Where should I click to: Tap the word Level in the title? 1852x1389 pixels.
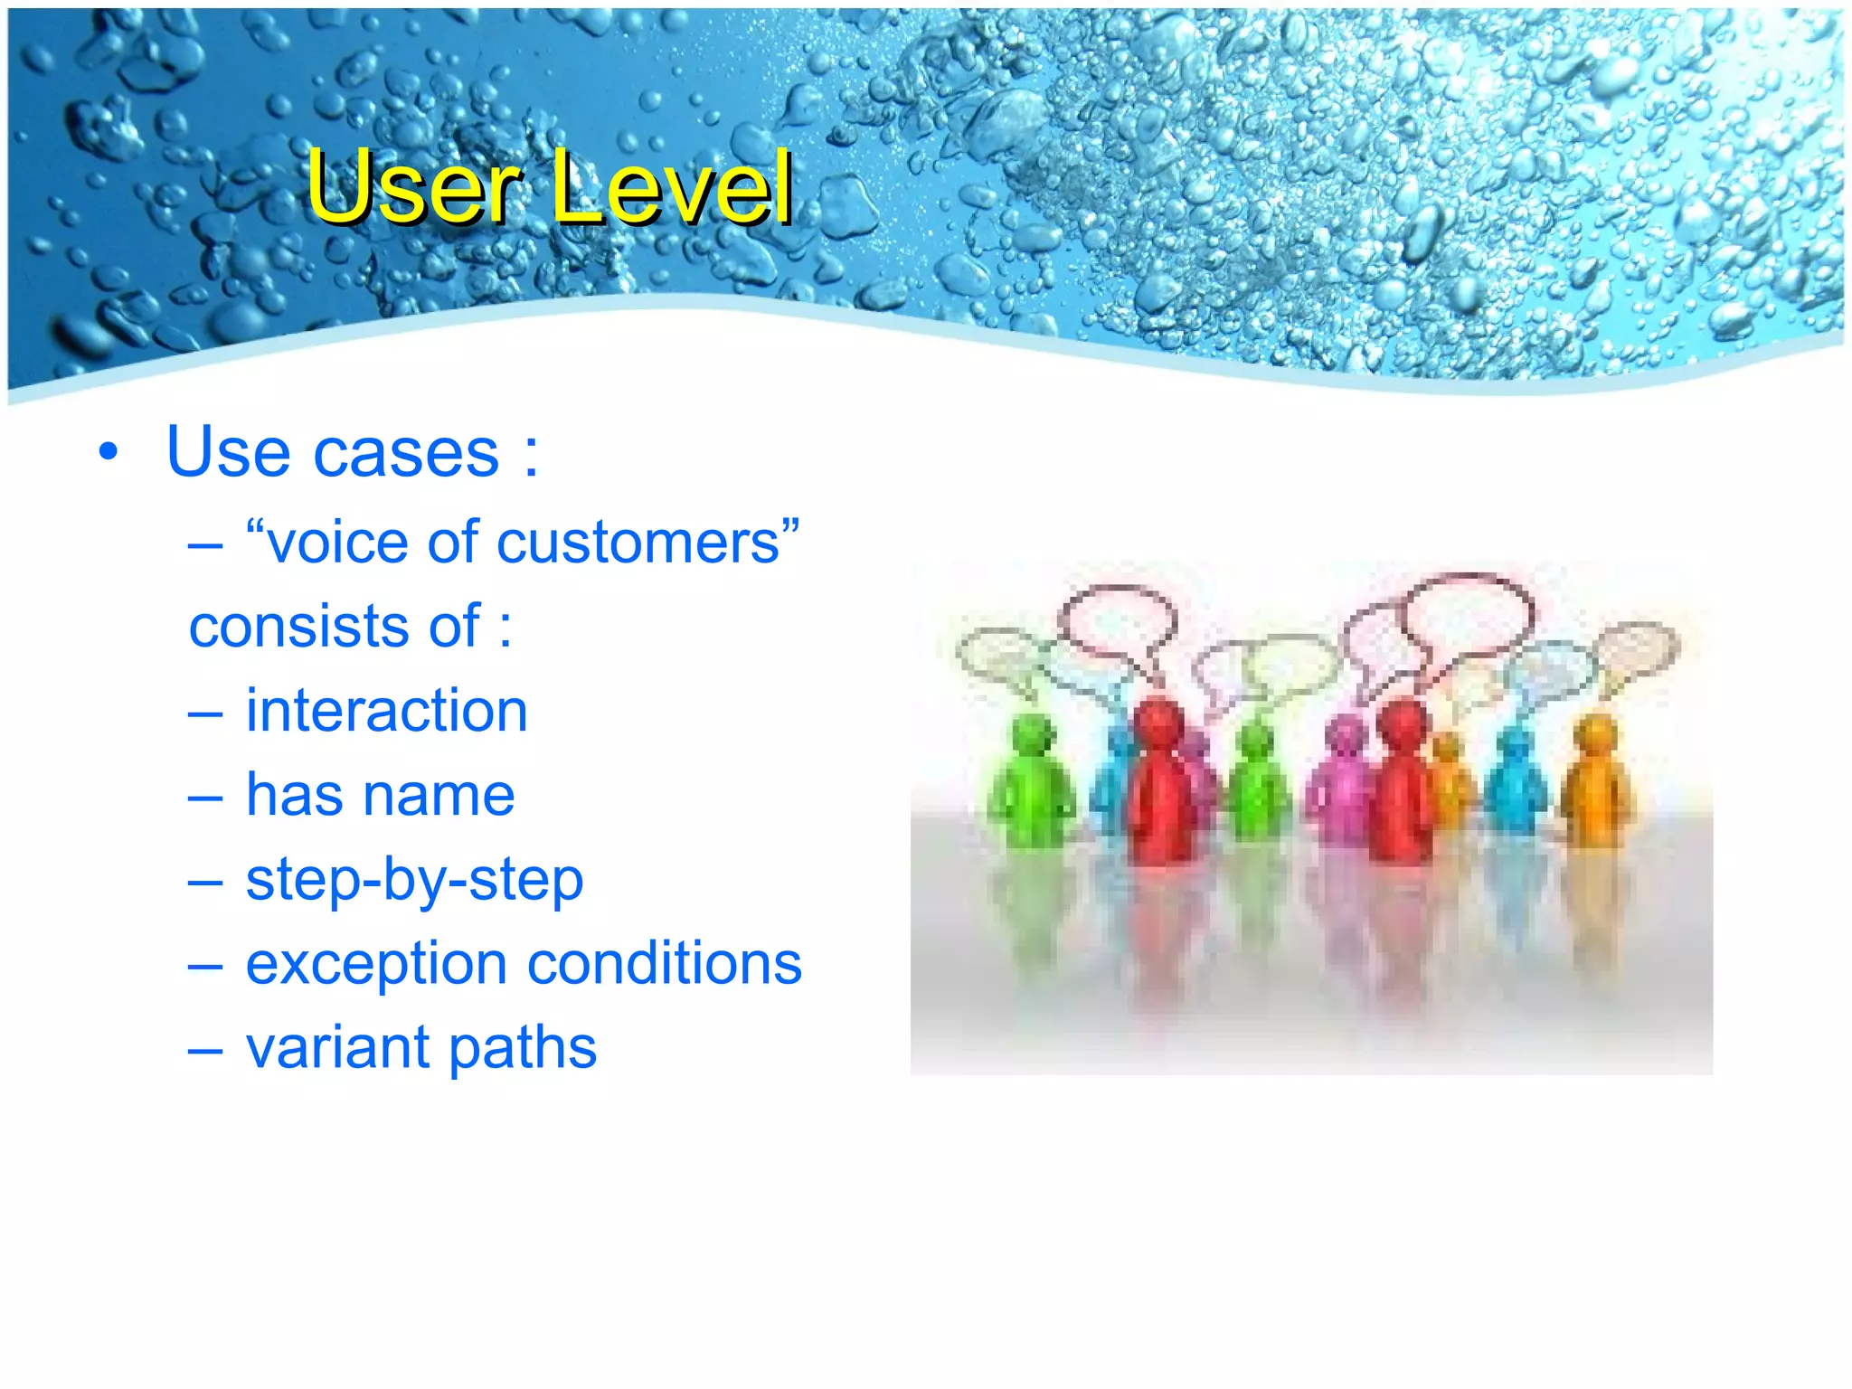671,187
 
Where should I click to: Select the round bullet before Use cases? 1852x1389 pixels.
109,452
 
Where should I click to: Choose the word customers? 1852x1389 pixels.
638,543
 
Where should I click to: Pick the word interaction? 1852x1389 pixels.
387,711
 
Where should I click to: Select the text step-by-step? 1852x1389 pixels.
414,880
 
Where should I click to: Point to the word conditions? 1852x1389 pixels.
665,963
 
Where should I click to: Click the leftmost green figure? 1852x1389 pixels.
1031,782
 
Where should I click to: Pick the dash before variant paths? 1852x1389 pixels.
205,1049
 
